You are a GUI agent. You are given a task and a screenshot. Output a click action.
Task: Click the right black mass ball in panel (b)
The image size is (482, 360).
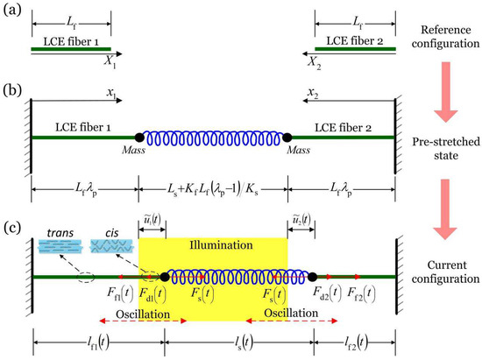point(287,138)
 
